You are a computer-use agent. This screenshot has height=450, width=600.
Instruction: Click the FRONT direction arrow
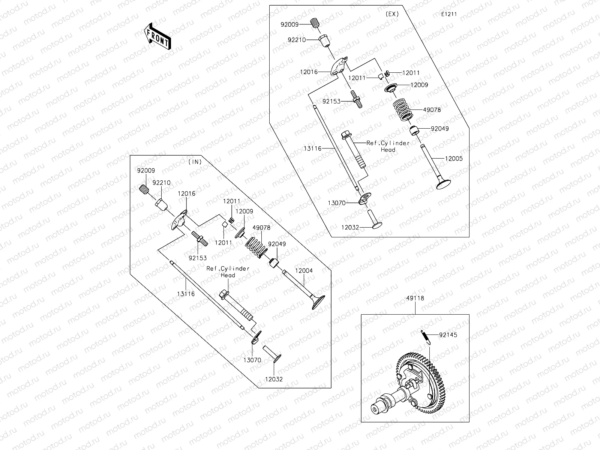tap(158, 36)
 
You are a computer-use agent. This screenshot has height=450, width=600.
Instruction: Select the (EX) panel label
tap(392, 14)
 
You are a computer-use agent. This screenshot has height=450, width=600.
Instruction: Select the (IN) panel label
tap(195, 162)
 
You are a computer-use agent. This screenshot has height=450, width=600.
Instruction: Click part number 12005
tap(454, 159)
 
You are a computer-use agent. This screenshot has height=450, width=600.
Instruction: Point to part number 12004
tap(304, 270)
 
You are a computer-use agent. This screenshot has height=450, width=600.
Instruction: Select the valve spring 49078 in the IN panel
tap(256, 247)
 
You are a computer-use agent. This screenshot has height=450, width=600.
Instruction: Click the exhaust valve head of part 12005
tap(444, 184)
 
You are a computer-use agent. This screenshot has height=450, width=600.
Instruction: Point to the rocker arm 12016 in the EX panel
tap(340, 67)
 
